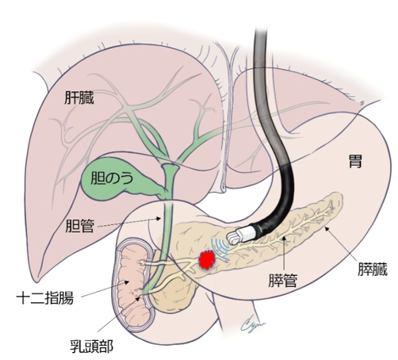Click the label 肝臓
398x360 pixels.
pos(79,98)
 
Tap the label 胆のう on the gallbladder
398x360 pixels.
pos(111,178)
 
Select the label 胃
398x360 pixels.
pos(355,161)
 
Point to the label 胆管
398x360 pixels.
pos(79,226)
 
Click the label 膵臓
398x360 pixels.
pos(373,269)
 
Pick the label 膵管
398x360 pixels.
pos(283,280)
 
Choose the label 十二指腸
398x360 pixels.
pos(44,298)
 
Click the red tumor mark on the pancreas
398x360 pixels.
pos(208,260)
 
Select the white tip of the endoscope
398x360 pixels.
pos(240,235)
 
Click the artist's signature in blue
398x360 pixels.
pos(253,322)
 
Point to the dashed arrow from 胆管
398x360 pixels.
pos(129,222)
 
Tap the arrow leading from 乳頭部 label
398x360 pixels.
pos(118,313)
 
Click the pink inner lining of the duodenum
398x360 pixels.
pos(133,282)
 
